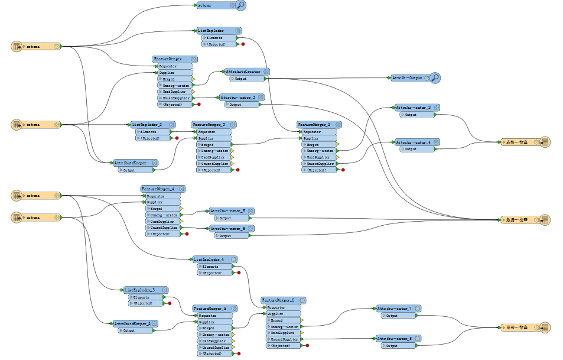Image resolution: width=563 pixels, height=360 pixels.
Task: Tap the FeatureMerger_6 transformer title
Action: (x=278, y=300)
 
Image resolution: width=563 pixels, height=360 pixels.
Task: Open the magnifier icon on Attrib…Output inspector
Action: (x=435, y=77)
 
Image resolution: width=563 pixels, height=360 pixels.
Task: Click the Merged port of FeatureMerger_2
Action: (x=318, y=144)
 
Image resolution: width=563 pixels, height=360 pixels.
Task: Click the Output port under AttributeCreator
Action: (x=242, y=78)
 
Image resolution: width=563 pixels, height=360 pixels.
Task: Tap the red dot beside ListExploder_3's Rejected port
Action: (x=169, y=303)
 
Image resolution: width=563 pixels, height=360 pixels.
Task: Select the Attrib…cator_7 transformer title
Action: (x=395, y=309)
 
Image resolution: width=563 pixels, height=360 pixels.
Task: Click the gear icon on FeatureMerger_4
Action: (x=182, y=189)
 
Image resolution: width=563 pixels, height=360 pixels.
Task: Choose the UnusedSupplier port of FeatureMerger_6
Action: (x=284, y=339)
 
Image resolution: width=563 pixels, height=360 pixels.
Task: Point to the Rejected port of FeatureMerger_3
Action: (x=213, y=170)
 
